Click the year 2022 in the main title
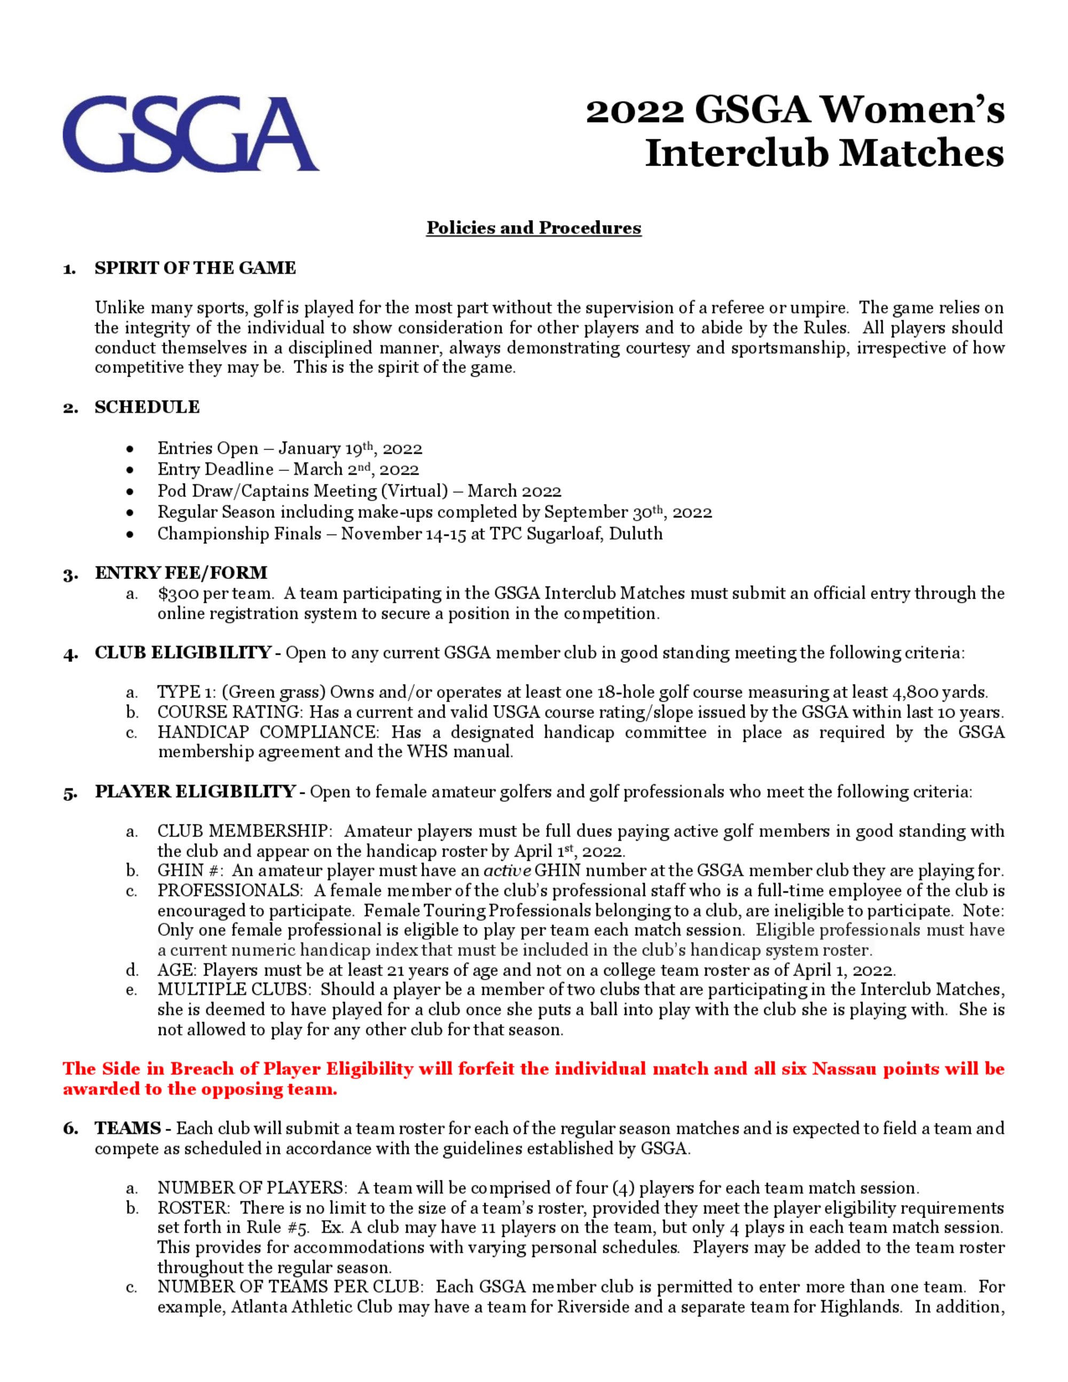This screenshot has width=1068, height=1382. (x=634, y=112)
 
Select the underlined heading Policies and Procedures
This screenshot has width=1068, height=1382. (x=533, y=228)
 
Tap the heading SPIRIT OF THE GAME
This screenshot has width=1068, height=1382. (x=195, y=268)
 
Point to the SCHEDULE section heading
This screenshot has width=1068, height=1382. (x=147, y=407)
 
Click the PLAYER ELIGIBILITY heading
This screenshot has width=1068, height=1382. (x=195, y=791)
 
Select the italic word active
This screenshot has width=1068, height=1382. (x=507, y=871)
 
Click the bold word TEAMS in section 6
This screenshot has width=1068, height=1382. (x=128, y=1128)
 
